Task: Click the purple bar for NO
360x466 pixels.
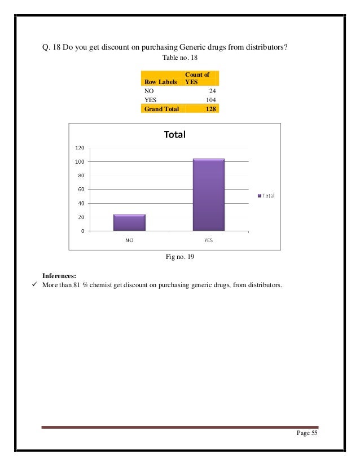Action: pos(129,222)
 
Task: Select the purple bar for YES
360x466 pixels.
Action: pos(208,195)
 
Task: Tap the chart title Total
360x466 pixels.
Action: pos(174,135)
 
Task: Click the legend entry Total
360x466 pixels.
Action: pos(266,196)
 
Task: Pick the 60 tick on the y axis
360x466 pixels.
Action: pos(81,189)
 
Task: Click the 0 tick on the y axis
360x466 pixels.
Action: pos(82,231)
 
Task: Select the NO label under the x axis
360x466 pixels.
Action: pos(129,239)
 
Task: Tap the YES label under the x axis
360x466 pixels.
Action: pos(208,239)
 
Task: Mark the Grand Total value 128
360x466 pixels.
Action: pos(211,109)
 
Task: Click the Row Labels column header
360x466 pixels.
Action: pos(160,82)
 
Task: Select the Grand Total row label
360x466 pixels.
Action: pos(161,109)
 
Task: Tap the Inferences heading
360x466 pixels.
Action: pos(59,276)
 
